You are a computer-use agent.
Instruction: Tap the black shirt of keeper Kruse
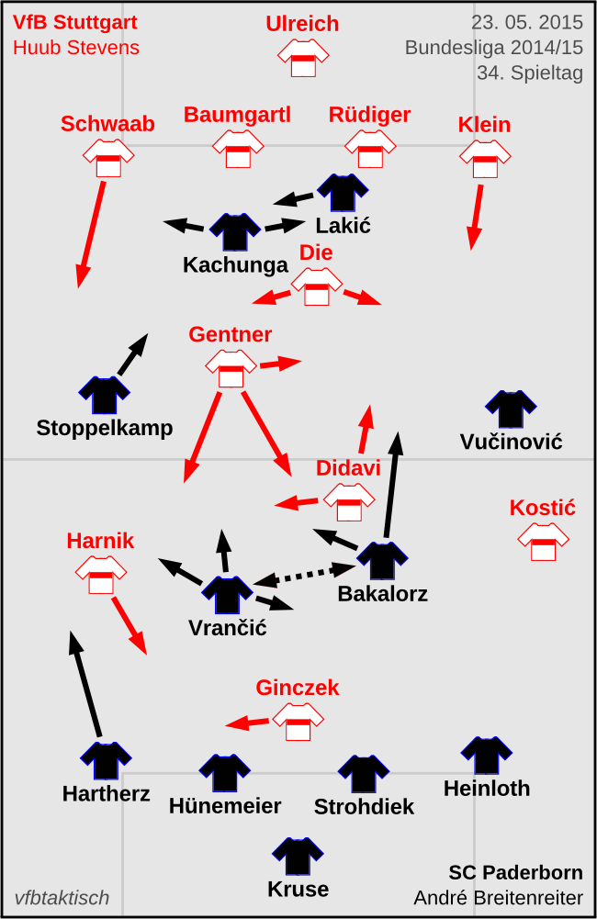[x=298, y=857]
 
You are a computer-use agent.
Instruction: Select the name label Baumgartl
[x=237, y=115]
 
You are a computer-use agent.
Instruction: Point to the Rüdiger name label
[x=369, y=115]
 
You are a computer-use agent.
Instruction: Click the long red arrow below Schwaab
[x=91, y=233]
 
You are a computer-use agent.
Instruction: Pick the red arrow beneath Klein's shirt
[x=477, y=217]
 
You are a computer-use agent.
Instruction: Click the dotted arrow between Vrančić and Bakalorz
[x=305, y=576]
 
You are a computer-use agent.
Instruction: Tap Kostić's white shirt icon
[x=543, y=542]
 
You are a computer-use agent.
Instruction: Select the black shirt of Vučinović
[x=511, y=409]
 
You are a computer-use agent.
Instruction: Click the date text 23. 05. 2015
[x=527, y=23]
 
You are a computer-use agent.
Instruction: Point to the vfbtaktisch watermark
[x=62, y=898]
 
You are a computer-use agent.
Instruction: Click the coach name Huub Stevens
[x=76, y=48]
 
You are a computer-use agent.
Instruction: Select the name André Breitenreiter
[x=498, y=898]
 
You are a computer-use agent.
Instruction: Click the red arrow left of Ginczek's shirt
[x=248, y=723]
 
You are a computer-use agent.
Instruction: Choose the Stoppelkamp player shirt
[x=104, y=396]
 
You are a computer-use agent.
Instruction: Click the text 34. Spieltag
[x=530, y=73]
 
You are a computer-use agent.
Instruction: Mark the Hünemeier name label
[x=225, y=806]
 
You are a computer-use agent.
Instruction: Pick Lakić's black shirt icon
[x=343, y=193]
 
